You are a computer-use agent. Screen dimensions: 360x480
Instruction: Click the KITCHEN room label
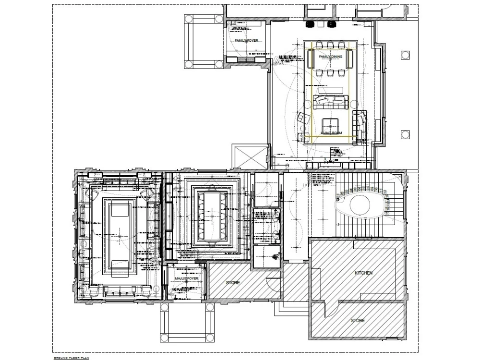[363, 273]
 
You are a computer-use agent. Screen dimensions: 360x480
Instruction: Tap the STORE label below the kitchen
[357, 320]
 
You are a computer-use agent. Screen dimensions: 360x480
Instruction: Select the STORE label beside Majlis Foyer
[233, 283]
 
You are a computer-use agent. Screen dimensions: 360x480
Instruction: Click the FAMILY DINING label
[331, 57]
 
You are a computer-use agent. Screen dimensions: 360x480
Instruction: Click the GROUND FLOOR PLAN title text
[72, 358]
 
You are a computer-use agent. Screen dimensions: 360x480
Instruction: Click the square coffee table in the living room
[330, 123]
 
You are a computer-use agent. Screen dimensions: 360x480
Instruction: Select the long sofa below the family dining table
[330, 101]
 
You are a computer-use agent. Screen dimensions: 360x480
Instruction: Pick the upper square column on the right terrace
[406, 55]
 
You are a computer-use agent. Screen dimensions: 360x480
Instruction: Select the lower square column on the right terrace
[406, 134]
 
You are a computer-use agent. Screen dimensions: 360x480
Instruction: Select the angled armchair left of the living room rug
[302, 118]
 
